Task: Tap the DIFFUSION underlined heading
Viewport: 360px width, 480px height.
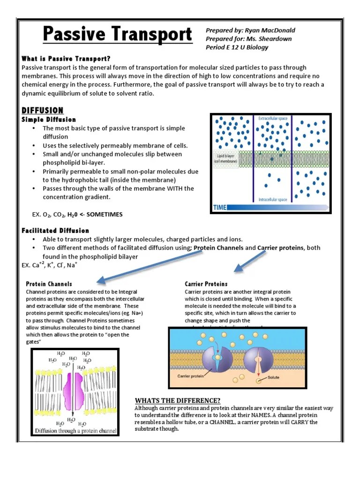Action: [42, 111]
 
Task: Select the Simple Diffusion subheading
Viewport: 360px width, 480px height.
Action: [48, 120]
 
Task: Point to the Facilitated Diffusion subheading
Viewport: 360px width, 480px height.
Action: [55, 231]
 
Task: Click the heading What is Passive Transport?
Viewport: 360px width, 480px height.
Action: [66, 59]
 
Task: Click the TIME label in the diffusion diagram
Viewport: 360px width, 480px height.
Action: [221, 207]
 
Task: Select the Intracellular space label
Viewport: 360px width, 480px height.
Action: [274, 200]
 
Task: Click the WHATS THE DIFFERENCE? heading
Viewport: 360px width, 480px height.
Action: [178, 400]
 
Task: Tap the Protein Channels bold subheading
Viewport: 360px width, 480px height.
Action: [49, 284]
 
